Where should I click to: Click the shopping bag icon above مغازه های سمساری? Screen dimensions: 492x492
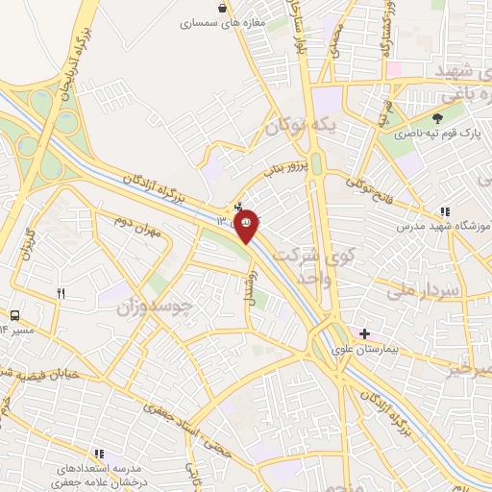223,8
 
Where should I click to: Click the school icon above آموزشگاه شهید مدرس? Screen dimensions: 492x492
444,210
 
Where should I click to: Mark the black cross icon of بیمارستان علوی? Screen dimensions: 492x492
364,332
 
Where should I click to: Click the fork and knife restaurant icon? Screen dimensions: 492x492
61,294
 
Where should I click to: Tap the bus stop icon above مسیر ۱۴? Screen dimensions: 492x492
15,315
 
